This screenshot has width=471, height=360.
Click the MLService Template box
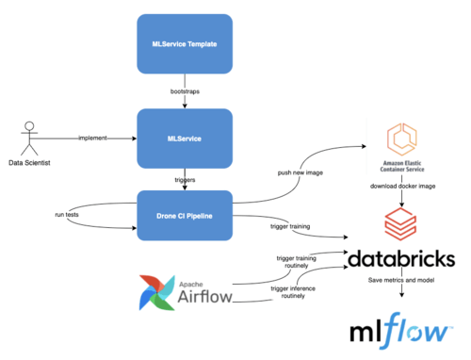click(185, 45)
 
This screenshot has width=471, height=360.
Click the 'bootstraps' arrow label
click(185, 91)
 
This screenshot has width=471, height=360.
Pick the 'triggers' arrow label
click(185, 177)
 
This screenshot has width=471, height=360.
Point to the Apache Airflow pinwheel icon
click(155, 292)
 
